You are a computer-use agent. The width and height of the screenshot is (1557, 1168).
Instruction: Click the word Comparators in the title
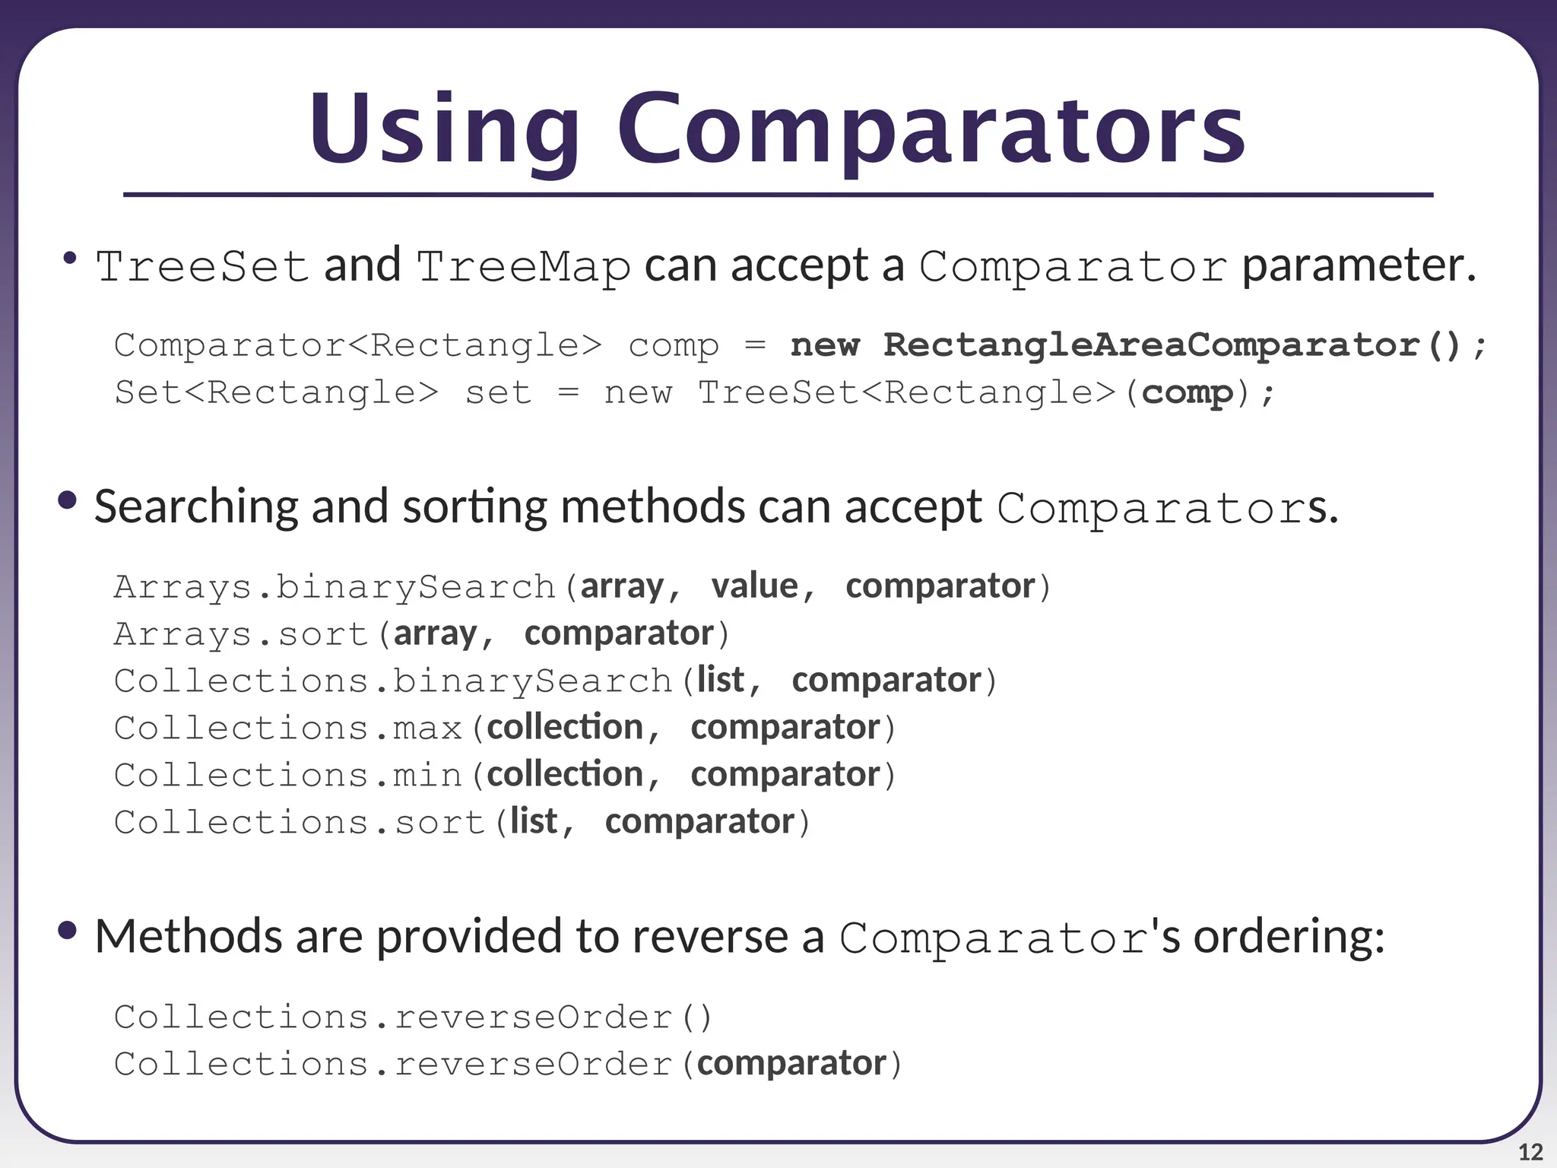931,131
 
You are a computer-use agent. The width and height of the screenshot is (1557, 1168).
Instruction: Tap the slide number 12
1530,1151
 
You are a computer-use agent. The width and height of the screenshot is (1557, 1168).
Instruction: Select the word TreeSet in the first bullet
201,267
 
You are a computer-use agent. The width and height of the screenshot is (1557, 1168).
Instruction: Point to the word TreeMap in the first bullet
523,267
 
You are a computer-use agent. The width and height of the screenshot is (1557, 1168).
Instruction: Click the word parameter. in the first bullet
1359,267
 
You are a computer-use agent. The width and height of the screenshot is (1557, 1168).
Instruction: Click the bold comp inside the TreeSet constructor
1187,393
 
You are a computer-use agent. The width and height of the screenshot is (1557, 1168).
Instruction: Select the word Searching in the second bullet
196,507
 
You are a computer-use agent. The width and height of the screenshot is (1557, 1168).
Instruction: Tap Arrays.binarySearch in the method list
335,588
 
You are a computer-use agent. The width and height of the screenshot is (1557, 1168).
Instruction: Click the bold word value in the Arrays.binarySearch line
755,586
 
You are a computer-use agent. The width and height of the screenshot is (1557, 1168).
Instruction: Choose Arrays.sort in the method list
241,634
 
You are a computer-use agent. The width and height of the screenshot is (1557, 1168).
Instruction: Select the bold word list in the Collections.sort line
534,822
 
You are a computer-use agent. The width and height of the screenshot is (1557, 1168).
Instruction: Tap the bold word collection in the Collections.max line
565,728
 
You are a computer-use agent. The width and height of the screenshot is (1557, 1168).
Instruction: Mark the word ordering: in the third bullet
1289,937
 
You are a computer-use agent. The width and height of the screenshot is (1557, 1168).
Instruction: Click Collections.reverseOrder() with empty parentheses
412,1017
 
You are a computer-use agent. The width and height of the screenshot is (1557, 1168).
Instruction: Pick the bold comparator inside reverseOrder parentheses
791,1064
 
